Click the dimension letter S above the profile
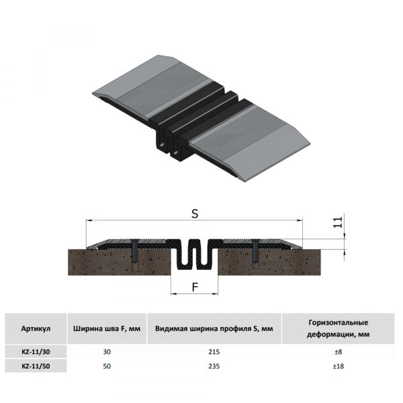(x=195, y=214)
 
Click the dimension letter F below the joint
(x=195, y=287)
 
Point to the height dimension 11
(x=338, y=222)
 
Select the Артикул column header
(x=36, y=328)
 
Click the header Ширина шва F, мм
(x=107, y=328)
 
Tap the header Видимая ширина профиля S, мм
(x=214, y=328)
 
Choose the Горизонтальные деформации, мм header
(x=339, y=328)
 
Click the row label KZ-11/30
(x=36, y=352)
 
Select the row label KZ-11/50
(x=36, y=366)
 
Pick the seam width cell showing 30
(x=107, y=352)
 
